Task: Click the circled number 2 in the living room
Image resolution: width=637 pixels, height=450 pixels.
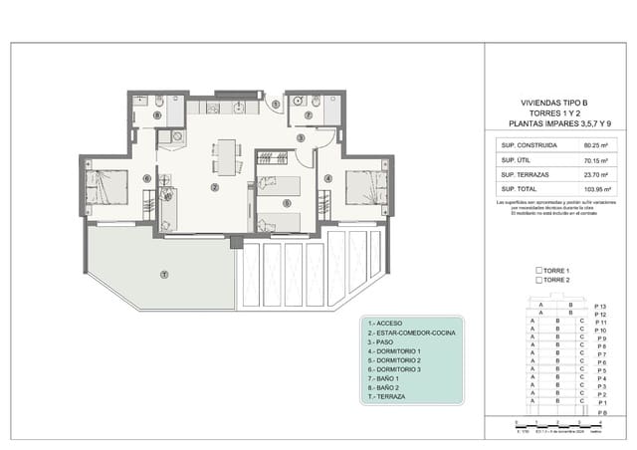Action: (214, 187)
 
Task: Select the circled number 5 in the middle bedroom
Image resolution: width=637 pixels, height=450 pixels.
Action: (287, 203)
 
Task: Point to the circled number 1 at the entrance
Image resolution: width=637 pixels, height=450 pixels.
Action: (276, 104)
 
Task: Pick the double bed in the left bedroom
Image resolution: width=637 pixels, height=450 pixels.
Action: (106, 186)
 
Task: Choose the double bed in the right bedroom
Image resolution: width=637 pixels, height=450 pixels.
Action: (365, 186)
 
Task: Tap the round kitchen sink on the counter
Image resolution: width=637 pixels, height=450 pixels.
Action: (239, 107)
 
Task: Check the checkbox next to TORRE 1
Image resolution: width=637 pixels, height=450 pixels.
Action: (538, 271)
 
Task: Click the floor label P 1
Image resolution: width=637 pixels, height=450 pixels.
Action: (600, 402)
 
